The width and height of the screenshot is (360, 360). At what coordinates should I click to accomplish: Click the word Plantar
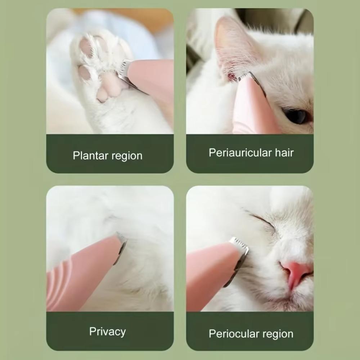tap(90, 155)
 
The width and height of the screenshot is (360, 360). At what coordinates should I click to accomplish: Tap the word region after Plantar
tap(127, 157)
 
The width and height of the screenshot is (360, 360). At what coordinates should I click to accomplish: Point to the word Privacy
tap(107, 332)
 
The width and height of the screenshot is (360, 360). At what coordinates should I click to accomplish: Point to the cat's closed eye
tap(261, 219)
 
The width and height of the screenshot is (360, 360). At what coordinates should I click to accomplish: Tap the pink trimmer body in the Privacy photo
tap(80, 275)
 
